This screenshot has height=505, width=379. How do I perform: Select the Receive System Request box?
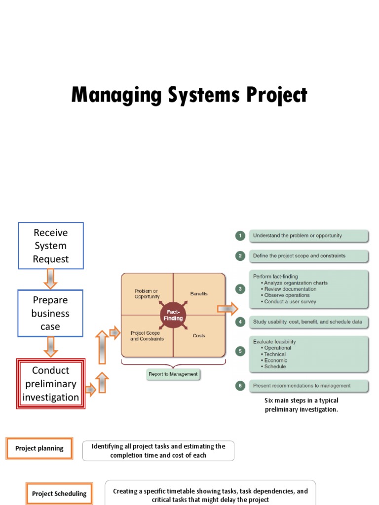[51, 246]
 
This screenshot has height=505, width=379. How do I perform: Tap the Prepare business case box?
[51, 313]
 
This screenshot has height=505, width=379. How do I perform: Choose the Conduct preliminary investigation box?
[51, 384]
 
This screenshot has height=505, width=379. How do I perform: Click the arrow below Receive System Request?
[51, 279]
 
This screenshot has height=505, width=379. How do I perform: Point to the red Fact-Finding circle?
[173, 315]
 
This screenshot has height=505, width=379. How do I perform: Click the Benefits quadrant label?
[199, 293]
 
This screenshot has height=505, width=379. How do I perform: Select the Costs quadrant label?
[199, 336]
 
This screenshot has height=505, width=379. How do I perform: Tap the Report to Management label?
[173, 374]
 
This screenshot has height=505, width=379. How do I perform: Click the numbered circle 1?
[240, 236]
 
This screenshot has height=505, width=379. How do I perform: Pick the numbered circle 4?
[240, 322]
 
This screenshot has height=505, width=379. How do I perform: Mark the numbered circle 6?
[240, 386]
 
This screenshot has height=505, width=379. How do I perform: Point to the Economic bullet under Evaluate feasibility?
[275, 361]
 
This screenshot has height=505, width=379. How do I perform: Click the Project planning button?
[39, 449]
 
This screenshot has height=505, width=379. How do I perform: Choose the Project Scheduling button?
[59, 493]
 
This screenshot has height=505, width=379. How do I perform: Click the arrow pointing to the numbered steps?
[227, 309]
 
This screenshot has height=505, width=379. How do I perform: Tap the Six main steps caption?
[302, 405]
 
